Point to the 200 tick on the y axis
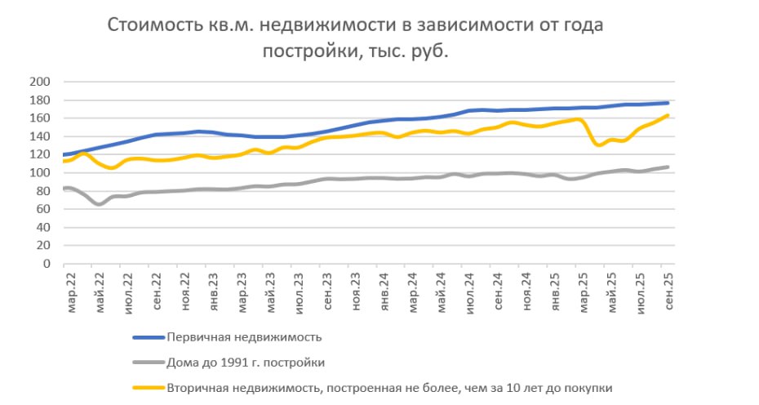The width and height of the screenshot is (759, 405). pyautogui.click(x=40, y=82)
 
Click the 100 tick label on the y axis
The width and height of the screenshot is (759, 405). pyautogui.click(x=40, y=173)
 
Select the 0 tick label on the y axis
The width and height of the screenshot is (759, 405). pyautogui.click(x=47, y=265)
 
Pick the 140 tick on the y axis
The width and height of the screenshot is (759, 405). pyautogui.click(x=40, y=136)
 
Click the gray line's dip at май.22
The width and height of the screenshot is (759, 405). pyautogui.click(x=99, y=204)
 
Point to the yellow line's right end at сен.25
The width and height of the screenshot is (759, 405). pyautogui.click(x=668, y=115)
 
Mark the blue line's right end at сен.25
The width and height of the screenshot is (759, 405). pyautogui.click(x=668, y=103)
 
